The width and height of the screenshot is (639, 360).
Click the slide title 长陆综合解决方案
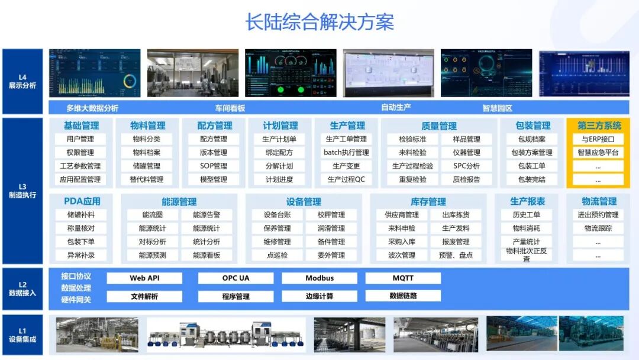[x=319, y=22]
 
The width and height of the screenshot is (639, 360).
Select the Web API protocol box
[x=144, y=278]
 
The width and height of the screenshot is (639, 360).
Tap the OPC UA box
[x=235, y=278]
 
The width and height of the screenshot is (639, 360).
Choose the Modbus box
[x=319, y=278]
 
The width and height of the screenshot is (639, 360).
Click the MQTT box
[x=403, y=278]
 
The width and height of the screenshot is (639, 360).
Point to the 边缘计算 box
[x=319, y=296]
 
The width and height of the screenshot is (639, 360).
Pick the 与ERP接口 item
[x=598, y=140]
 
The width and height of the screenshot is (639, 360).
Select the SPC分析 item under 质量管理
[x=467, y=166]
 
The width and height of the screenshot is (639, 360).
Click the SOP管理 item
[x=214, y=166]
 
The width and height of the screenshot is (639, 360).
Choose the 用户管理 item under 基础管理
[x=80, y=140]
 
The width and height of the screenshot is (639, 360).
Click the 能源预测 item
[x=153, y=256]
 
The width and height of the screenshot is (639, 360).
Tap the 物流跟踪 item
[x=598, y=229]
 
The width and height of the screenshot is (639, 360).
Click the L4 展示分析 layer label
[x=22, y=82]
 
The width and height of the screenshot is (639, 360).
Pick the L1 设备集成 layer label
[x=22, y=335]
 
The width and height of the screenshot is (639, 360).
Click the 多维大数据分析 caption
[x=92, y=108]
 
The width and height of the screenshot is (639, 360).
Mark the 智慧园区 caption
[x=498, y=108]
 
